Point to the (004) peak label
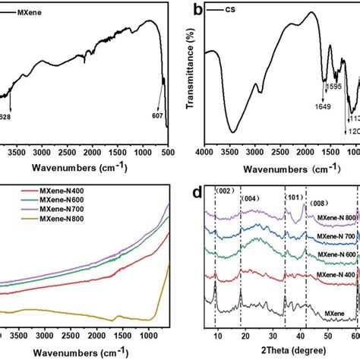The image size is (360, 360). [249, 199]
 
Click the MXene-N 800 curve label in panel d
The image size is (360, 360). [337, 217]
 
